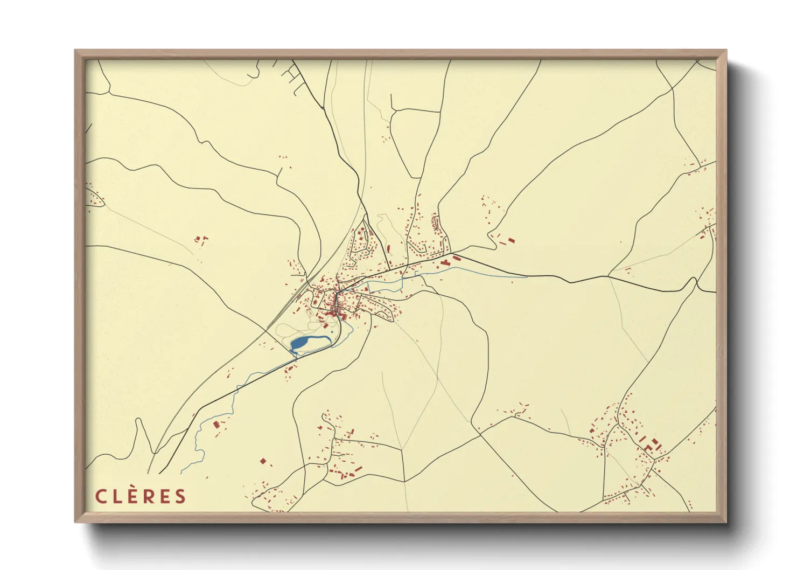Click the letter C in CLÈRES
coord(101,496)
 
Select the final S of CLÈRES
coord(180,496)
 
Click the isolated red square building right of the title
coord(262,461)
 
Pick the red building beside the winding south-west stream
coord(216,424)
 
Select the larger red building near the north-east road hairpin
coord(511,240)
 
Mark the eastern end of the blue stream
coord(527,277)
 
